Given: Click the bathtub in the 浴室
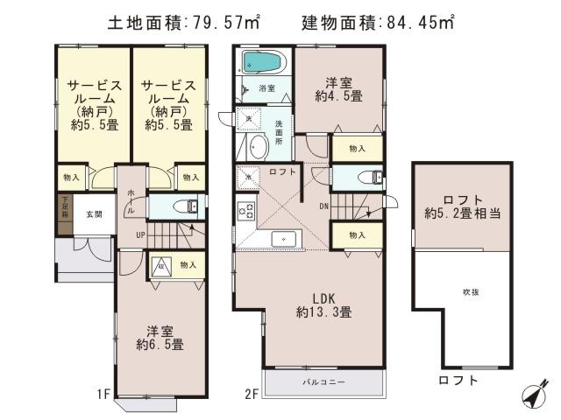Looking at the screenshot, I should pyautogui.click(x=262, y=63).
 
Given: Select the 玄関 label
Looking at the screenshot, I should pyautogui.click(x=94, y=213).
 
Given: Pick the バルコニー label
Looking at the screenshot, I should pyautogui.click(x=324, y=382).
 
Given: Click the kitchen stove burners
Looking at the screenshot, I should pyautogui.click(x=245, y=211).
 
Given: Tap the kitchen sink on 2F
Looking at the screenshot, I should pyautogui.click(x=282, y=239).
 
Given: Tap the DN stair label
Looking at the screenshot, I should pyautogui.click(x=323, y=206).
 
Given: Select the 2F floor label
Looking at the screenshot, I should pyautogui.click(x=251, y=395).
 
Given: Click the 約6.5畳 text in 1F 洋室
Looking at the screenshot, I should pyautogui.click(x=160, y=345).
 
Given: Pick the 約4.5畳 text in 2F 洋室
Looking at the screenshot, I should pyautogui.click(x=341, y=95).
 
